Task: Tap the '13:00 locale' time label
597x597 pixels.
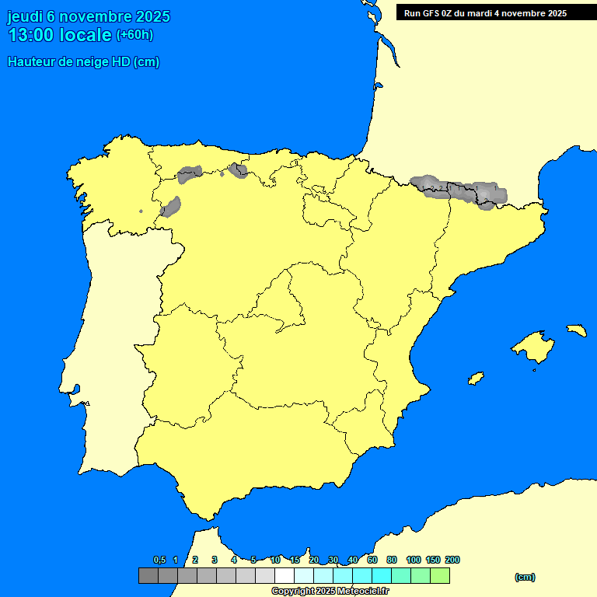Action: pos(60,35)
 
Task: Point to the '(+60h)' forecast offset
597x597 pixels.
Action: pos(134,35)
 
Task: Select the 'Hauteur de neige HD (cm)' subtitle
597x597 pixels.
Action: pos(83,62)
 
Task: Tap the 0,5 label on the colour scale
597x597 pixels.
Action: pos(159,560)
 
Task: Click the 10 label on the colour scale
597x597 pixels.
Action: pos(275,560)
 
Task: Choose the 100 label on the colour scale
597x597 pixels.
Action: pos(414,560)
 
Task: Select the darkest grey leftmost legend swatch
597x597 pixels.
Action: pos(148,576)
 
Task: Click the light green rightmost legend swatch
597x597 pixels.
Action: pos(440,576)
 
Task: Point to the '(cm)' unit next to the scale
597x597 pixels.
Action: pos(525,577)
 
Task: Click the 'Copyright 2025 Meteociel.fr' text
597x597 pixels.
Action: pos(330,591)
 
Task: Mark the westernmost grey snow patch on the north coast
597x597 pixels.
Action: pos(189,174)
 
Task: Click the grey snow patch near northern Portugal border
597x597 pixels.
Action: pos(170,207)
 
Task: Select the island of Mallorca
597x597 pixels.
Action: pos(532,347)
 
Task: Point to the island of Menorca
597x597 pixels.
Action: pos(576,330)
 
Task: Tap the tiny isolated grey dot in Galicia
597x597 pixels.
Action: pos(141,211)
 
